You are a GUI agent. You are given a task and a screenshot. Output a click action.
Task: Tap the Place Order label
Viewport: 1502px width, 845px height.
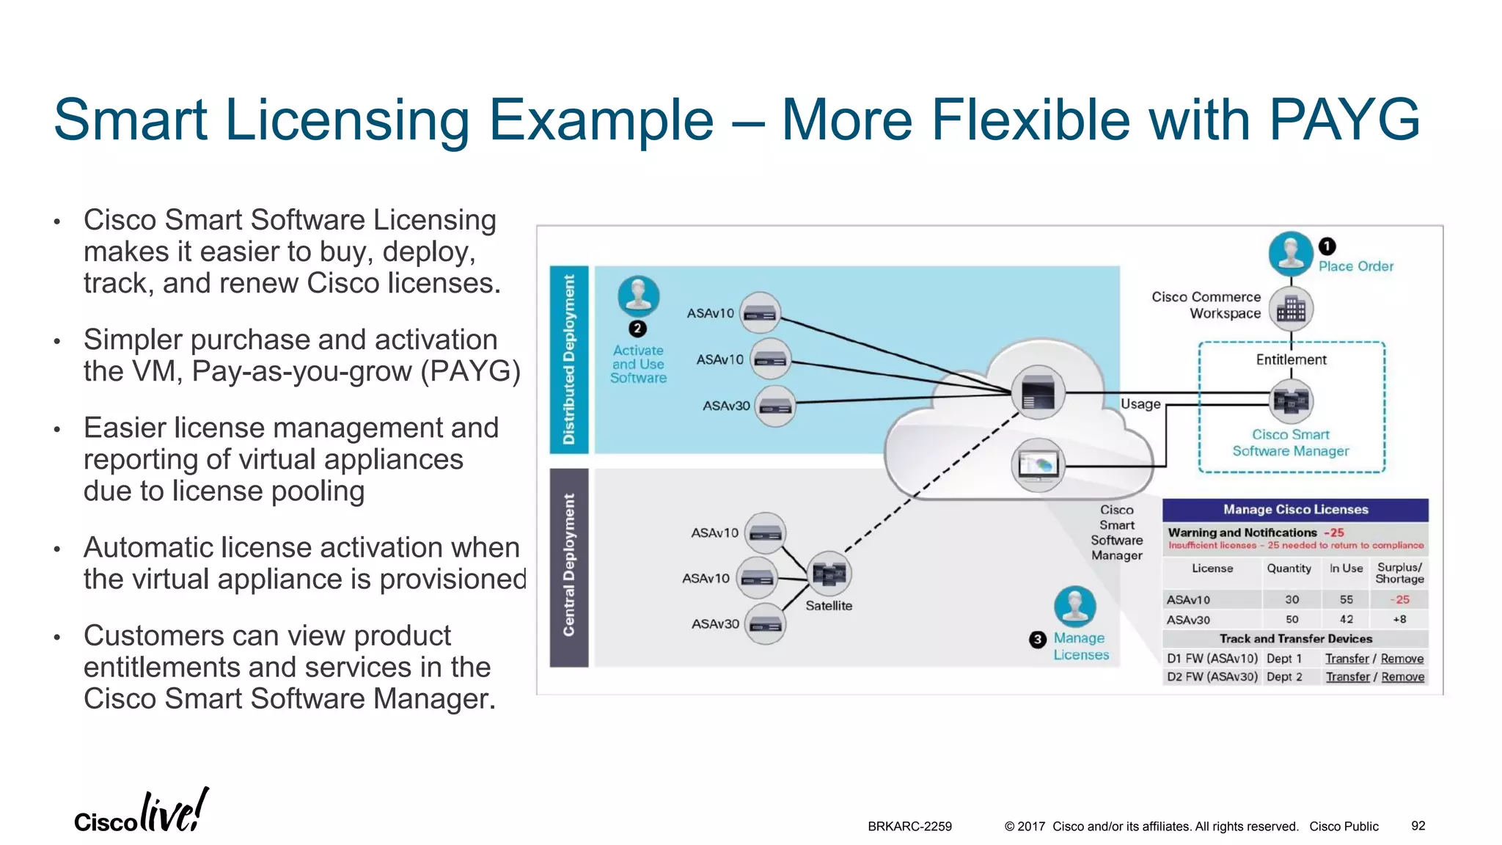click(x=1355, y=266)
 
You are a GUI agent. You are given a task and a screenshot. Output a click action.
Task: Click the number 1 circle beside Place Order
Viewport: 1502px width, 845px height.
click(x=1327, y=246)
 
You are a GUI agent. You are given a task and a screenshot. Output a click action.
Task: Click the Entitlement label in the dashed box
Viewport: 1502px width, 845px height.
click(x=1291, y=359)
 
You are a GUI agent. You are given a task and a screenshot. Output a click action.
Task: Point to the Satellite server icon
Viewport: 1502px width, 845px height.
click(x=829, y=573)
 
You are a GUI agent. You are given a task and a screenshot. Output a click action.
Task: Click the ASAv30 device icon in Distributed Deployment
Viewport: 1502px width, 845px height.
click(x=775, y=406)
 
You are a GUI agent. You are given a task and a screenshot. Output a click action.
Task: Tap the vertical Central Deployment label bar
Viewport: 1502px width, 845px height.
click(x=569, y=567)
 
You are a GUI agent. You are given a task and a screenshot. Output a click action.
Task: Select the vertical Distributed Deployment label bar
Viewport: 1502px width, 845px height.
click(x=569, y=359)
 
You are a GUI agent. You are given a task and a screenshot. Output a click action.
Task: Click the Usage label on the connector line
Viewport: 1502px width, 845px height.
click(x=1140, y=404)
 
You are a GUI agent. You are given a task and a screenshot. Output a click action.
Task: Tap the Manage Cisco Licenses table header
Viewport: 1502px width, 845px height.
click(x=1295, y=509)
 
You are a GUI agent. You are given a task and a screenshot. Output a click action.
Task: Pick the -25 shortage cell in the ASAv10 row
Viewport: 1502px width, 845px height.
click(x=1399, y=599)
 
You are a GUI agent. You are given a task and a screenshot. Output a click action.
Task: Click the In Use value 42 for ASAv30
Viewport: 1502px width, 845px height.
click(x=1346, y=619)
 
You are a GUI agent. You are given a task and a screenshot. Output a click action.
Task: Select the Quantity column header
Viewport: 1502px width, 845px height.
click(x=1289, y=568)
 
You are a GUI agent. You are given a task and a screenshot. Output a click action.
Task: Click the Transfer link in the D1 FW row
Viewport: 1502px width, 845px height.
click(x=1347, y=659)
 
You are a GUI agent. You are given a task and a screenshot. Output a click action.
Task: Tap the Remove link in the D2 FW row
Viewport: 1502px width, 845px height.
click(x=1402, y=677)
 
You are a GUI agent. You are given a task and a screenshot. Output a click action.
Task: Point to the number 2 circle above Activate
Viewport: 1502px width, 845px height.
click(x=637, y=329)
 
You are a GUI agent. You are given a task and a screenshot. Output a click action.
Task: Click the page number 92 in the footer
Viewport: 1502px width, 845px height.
click(x=1418, y=826)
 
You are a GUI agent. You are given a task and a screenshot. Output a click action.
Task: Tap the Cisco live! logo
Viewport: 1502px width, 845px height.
click(x=141, y=813)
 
